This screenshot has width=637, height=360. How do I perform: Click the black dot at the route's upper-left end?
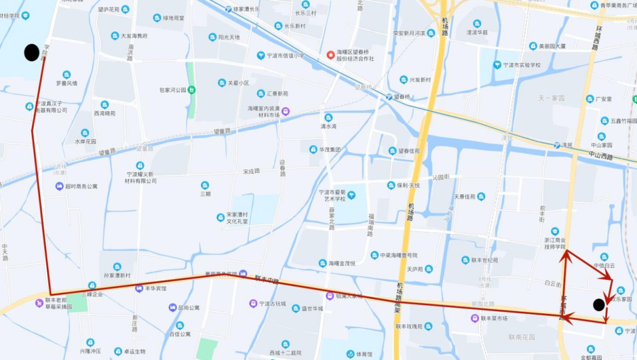click(x=32, y=53)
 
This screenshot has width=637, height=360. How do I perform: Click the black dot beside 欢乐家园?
click(x=599, y=305)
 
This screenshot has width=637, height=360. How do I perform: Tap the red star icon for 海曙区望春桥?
click(x=330, y=55)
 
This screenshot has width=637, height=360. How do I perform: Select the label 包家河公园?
click(x=172, y=90)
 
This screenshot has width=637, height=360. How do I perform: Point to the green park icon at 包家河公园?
click(x=192, y=90)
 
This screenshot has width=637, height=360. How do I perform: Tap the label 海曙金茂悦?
click(x=342, y=263)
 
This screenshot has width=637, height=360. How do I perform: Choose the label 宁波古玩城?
click(x=272, y=304)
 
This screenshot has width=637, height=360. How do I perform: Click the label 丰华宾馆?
click(x=156, y=289)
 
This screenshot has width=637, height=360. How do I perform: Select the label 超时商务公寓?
click(x=81, y=186)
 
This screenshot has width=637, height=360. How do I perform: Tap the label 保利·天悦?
click(x=408, y=185)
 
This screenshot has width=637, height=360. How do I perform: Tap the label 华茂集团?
click(x=331, y=149)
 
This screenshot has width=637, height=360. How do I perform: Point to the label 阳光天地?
click(x=229, y=37)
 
